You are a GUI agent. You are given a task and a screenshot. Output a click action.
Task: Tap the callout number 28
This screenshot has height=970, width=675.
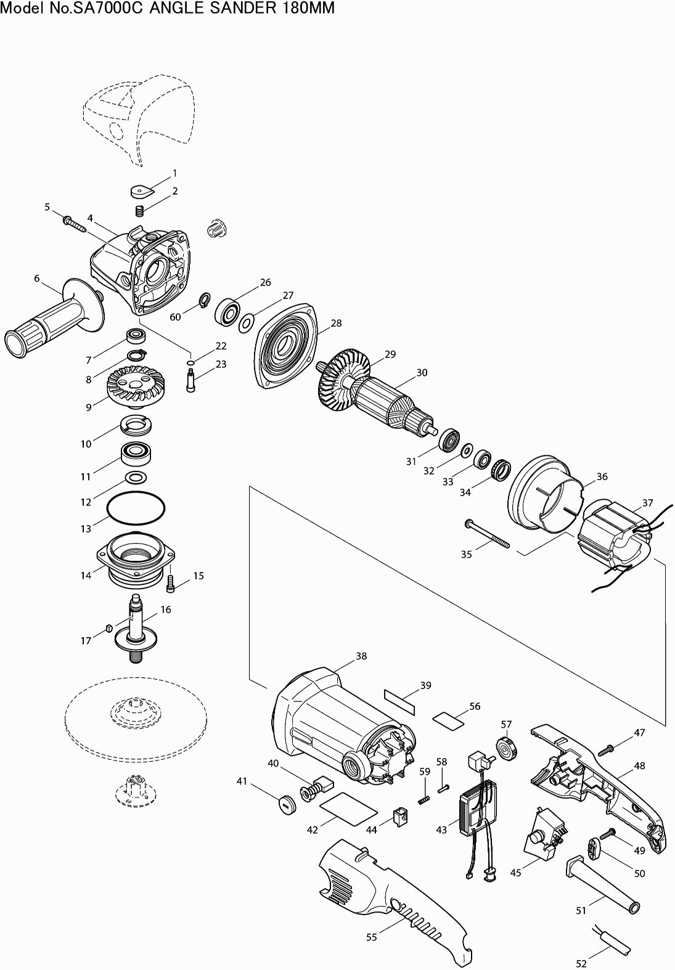click(x=336, y=323)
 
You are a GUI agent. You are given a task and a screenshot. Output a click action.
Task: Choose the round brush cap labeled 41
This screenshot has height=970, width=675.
click(x=286, y=804)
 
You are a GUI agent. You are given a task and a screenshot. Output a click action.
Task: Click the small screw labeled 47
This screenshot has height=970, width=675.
click(x=606, y=749)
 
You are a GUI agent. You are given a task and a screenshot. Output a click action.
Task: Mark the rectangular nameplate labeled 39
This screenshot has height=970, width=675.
click(x=399, y=703)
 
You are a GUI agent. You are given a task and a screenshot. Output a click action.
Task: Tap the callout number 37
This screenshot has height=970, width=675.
click(x=648, y=503)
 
